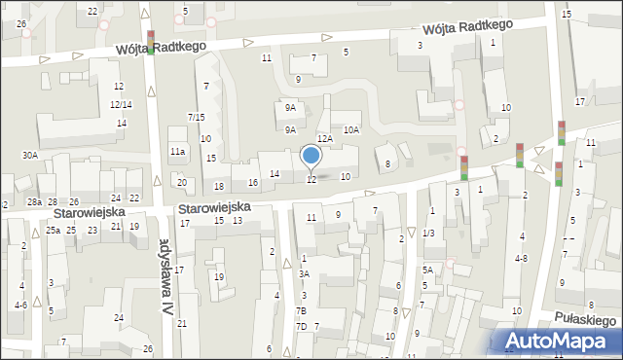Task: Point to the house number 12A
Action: (x=325, y=139)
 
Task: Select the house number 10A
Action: (x=351, y=128)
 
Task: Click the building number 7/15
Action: (x=196, y=118)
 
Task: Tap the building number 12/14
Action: (x=121, y=104)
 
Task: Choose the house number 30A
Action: (x=30, y=155)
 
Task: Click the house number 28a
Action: (x=34, y=201)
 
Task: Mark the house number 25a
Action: (x=53, y=231)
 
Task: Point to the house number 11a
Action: (x=177, y=152)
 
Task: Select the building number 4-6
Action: (x=20, y=305)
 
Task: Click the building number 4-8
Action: (x=522, y=258)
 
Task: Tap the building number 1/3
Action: (x=428, y=233)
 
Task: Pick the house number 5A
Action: (x=427, y=270)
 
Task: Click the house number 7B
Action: (x=302, y=310)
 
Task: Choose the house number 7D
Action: (x=302, y=326)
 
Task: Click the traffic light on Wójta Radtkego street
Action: (x=151, y=43)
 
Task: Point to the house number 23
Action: (x=92, y=230)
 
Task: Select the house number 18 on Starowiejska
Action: (x=219, y=186)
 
